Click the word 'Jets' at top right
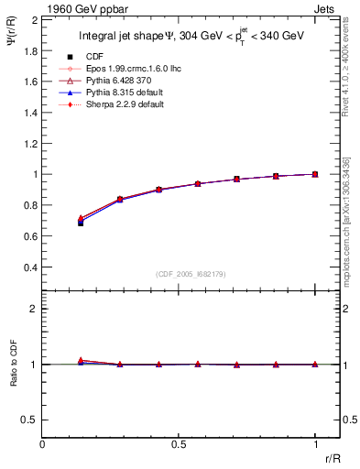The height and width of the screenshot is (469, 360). (x=326, y=8)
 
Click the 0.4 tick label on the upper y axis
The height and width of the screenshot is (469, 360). (x=28, y=267)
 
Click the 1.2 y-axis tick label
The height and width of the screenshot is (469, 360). (x=28, y=143)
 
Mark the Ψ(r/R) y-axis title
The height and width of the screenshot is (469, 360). (x=11, y=44)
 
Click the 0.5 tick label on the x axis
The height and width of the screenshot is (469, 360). (x=179, y=445)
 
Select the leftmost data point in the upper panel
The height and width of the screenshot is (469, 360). (x=81, y=221)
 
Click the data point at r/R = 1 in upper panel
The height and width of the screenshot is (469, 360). (x=315, y=173)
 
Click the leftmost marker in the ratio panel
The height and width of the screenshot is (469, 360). (x=81, y=361)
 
